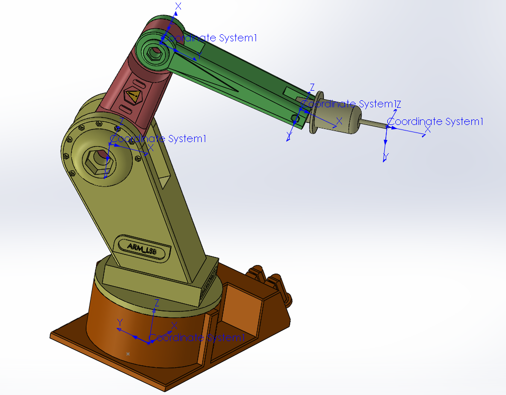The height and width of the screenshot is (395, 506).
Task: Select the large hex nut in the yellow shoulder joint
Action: pos(96,161)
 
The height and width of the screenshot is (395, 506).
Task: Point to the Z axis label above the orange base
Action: pos(157,303)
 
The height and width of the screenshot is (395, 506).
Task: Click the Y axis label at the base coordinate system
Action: pos(120,322)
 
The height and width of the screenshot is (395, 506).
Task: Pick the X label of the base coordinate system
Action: pos(174,325)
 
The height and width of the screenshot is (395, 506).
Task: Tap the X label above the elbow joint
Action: pos(178,6)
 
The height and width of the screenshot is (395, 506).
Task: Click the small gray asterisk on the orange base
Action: pos(128,354)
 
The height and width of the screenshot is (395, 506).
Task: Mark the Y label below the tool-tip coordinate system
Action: pos(385,157)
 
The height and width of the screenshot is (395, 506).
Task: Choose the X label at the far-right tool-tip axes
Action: pos(428,129)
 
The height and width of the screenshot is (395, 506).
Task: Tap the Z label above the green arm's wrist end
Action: pos(312,87)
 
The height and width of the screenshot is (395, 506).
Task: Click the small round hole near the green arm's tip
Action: pos(294,118)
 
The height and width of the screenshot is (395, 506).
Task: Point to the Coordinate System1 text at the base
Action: pos(197,338)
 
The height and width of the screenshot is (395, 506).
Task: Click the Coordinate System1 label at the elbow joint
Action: pos(211,38)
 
